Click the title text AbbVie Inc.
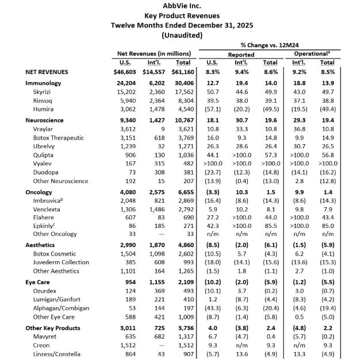[x=180, y=6]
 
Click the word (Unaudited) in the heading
[x=180, y=35]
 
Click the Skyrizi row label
[x=43, y=92]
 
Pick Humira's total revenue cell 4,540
[x=183, y=109]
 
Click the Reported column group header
[x=241, y=53]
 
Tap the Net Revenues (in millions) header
[x=154, y=53]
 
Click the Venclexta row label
[x=48, y=210]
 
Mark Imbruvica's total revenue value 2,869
[x=183, y=201]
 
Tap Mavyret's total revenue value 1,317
[x=183, y=336]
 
